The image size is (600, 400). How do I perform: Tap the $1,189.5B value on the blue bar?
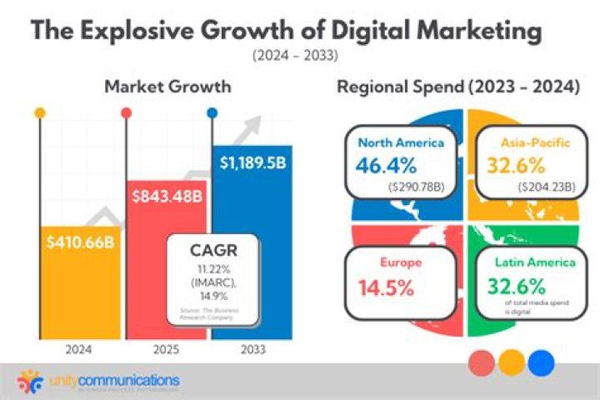click(252, 162)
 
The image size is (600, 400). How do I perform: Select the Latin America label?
click(532, 262)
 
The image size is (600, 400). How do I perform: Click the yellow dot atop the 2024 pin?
click(39, 112)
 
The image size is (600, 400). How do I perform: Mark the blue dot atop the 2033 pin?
click(212, 112)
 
